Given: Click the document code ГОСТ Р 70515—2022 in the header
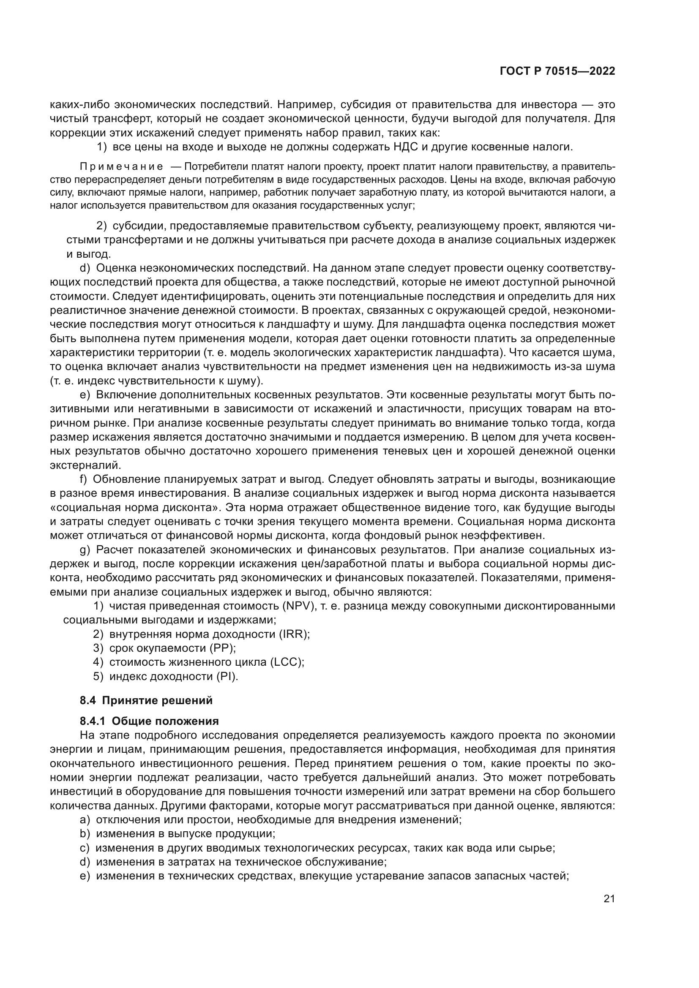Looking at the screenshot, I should [x=557, y=71].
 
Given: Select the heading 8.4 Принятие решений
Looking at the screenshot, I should [x=146, y=700].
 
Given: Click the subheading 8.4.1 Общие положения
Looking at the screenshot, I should [x=149, y=721].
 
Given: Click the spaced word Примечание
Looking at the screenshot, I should [x=121, y=167].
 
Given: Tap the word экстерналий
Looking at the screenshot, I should [x=86, y=465].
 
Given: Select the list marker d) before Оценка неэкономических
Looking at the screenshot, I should [x=85, y=269].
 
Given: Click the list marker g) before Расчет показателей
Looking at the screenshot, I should [x=85, y=550].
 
